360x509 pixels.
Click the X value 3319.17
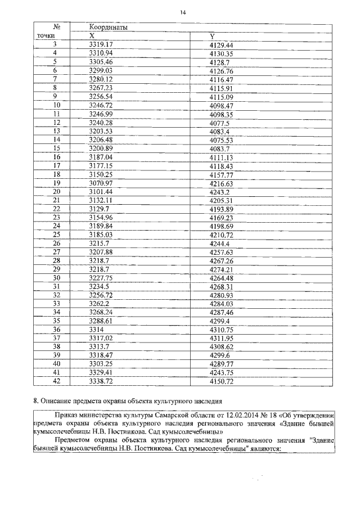101,44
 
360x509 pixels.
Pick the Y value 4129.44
220,44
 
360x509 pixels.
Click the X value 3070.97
101,183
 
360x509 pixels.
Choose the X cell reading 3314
97,330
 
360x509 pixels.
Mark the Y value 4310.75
220,330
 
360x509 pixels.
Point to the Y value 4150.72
220,381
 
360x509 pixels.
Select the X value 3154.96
101,218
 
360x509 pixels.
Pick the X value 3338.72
101,381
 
